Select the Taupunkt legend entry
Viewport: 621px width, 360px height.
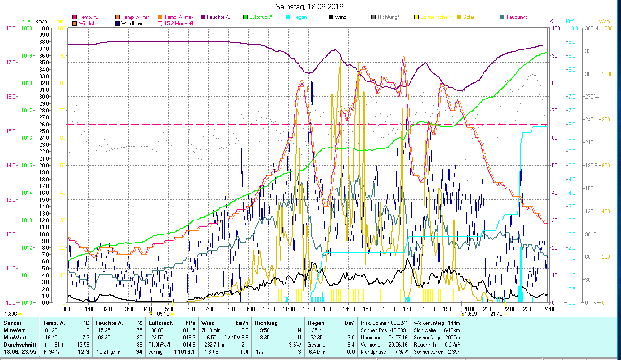pyautogui.click(x=516, y=17)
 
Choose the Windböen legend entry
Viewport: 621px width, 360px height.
pyautogui.click(x=132, y=23)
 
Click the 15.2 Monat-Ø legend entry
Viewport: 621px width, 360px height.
pyautogui.click(x=178, y=23)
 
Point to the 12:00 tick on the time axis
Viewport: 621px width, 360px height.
pyautogui.click(x=309, y=309)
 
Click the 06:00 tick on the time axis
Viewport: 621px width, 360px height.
pyautogui.click(x=189, y=309)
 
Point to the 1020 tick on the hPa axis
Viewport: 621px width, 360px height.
pyautogui.click(x=27, y=28)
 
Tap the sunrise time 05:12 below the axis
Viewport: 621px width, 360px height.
pyautogui.click(x=163, y=314)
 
